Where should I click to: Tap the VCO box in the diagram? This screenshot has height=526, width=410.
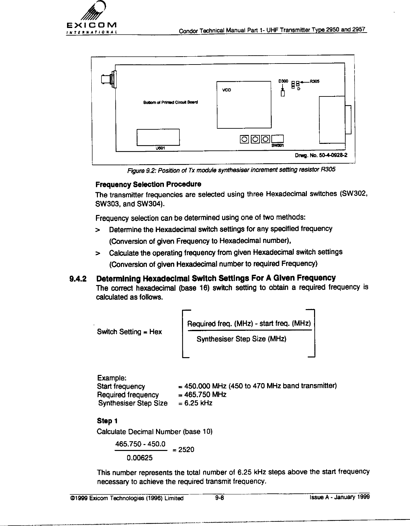pyautogui.click(x=243, y=105)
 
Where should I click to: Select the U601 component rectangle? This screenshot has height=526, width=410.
pyautogui.click(x=158, y=137)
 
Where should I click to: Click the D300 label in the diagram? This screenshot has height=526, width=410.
pyautogui.click(x=283, y=81)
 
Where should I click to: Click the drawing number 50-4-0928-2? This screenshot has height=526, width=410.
pyautogui.click(x=322, y=155)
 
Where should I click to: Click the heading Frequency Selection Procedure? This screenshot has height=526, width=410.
pyautogui.click(x=148, y=184)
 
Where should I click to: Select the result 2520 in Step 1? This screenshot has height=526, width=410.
pyautogui.click(x=186, y=450)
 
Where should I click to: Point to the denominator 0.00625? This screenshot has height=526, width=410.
pyautogui.click(x=140, y=458)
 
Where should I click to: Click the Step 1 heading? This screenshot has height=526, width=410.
pyautogui.click(x=107, y=421)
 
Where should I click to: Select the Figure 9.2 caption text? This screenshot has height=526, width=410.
pyautogui.click(x=231, y=171)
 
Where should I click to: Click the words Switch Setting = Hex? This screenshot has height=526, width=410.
pyautogui.click(x=129, y=332)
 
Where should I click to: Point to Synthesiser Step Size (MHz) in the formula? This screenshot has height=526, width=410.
pyautogui.click(x=241, y=339)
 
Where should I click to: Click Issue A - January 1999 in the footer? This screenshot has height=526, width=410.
pyautogui.click(x=337, y=497)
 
